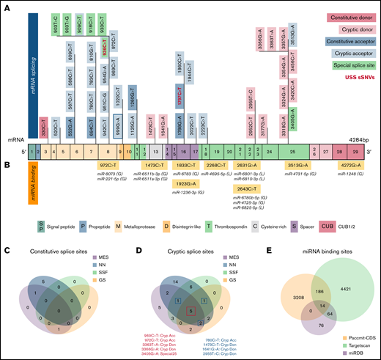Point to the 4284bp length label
(x=349, y=128)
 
